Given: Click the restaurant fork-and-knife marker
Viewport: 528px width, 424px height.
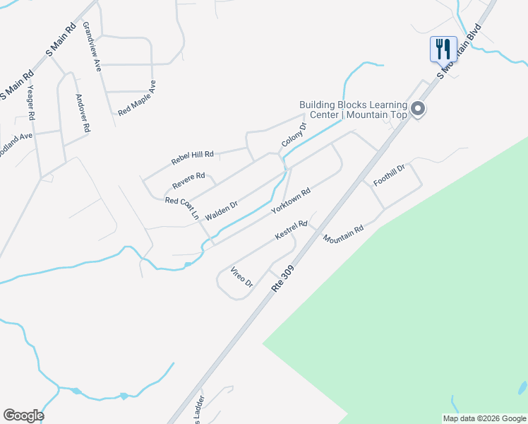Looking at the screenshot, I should click(x=443, y=49).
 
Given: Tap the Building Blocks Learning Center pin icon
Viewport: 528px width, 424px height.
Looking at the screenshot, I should click(x=418, y=109).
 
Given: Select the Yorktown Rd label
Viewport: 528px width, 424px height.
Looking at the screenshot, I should click(x=292, y=202).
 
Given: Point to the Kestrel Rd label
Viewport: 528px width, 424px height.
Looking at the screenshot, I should click(x=292, y=231).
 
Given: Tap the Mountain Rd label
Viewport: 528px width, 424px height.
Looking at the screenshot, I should click(x=343, y=235).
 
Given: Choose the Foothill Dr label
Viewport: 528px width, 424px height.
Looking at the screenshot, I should click(x=389, y=175).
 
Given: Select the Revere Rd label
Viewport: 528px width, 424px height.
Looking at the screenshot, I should click(x=188, y=182).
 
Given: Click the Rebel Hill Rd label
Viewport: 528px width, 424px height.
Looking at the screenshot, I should click(x=192, y=158).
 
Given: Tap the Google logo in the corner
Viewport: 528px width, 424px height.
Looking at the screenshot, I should click(x=23, y=416).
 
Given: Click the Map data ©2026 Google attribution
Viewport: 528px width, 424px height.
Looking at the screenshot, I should click(x=484, y=418).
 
